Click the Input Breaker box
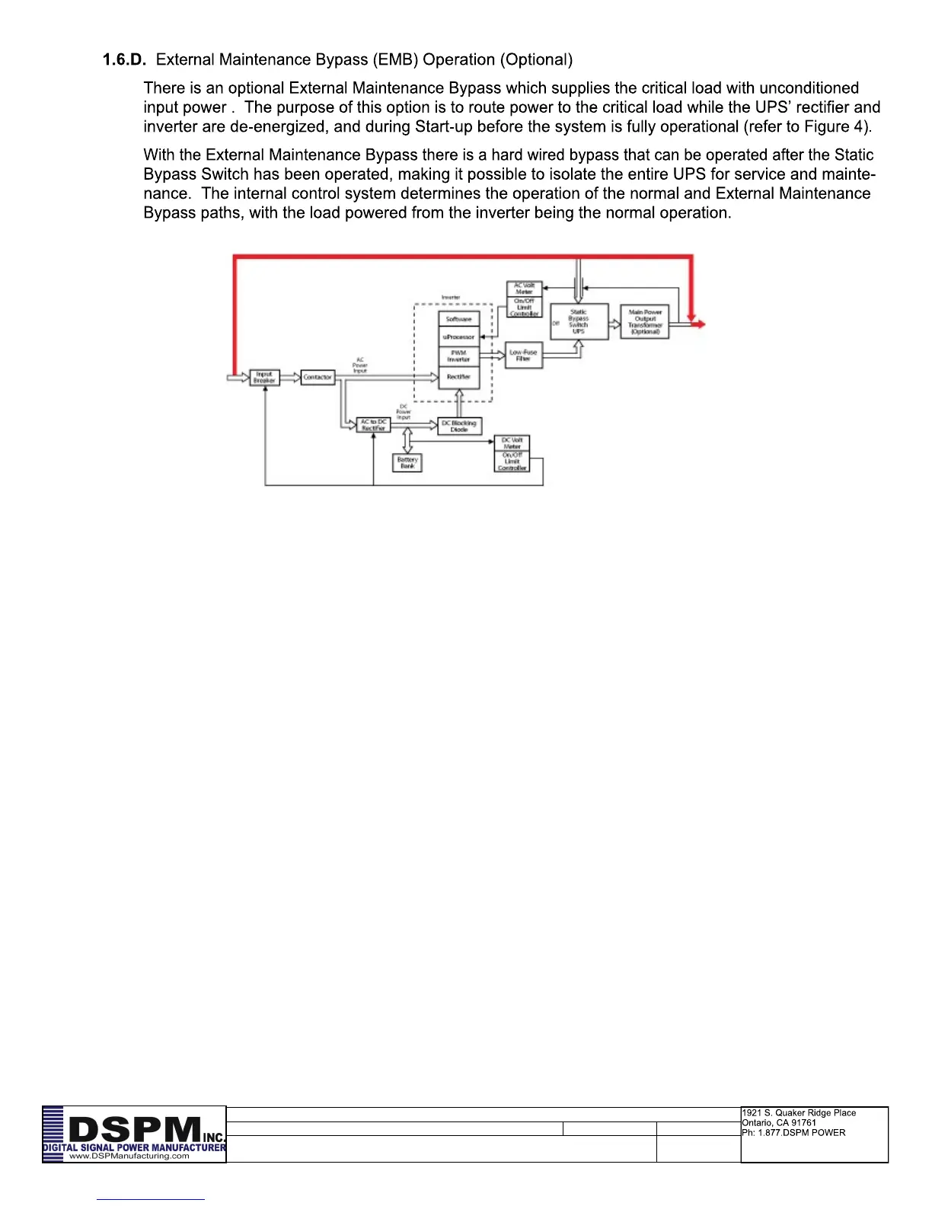point(264,378)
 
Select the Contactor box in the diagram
point(318,377)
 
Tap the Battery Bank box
point(407,462)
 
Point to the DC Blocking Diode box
point(459,426)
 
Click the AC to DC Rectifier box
point(373,425)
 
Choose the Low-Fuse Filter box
point(523,356)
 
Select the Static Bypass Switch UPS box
point(579,321)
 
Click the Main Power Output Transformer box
point(645,321)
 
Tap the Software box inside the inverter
point(458,319)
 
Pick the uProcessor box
point(458,337)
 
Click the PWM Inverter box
point(458,356)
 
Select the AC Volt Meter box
point(524,289)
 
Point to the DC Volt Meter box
point(512,443)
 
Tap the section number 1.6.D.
point(124,59)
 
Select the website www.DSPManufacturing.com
point(129,1156)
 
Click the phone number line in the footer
point(793,1133)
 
